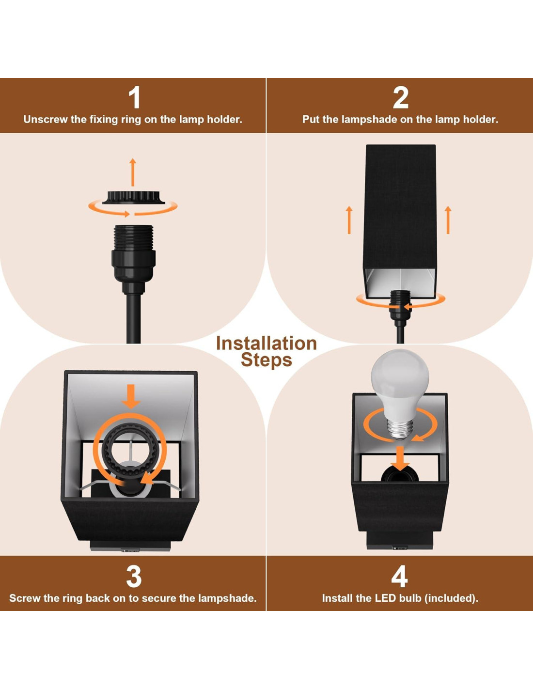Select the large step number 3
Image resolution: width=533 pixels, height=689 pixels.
(133, 577)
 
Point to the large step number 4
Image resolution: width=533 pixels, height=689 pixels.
(399, 577)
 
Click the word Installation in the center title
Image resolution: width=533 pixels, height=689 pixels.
(266, 344)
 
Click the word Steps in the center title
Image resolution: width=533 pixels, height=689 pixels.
(266, 360)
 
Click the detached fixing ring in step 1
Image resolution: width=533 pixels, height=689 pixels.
(133, 197)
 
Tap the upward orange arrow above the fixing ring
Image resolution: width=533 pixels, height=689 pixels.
(133, 172)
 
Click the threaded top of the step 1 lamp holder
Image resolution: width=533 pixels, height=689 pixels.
(133, 237)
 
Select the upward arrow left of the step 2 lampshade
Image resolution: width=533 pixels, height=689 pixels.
(349, 220)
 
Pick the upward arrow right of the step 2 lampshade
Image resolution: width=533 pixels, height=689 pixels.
(448, 220)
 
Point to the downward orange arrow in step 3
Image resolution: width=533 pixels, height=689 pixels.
(131, 396)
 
